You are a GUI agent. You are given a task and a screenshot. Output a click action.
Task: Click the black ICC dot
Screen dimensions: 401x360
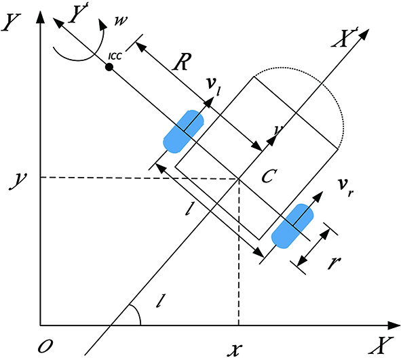(x=109, y=67)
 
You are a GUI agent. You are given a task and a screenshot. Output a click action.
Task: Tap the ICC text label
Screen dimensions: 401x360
(x=115, y=56)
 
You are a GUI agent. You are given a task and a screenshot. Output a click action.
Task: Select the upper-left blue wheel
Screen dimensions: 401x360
(x=184, y=132)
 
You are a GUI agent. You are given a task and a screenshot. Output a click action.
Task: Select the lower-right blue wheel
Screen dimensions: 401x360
(x=292, y=226)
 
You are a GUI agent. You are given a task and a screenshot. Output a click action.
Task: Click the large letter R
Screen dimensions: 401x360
(x=182, y=62)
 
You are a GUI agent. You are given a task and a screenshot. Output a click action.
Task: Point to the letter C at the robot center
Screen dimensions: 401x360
(x=269, y=176)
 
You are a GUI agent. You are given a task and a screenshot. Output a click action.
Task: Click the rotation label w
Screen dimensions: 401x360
(x=121, y=21)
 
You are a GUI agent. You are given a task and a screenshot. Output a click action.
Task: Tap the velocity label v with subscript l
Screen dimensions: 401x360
(x=214, y=87)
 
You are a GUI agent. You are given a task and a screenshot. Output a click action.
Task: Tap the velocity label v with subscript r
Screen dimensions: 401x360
(x=345, y=187)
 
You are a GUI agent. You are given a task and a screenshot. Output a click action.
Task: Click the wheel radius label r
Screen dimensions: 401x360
(x=335, y=263)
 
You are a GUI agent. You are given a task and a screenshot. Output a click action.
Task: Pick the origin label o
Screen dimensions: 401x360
(x=45, y=346)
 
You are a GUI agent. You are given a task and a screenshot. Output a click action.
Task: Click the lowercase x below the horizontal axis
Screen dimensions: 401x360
(x=234, y=350)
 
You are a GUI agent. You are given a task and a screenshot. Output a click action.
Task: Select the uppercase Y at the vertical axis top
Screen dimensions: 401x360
(x=11, y=22)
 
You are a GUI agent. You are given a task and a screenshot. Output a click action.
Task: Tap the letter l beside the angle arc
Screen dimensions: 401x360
(x=160, y=301)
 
